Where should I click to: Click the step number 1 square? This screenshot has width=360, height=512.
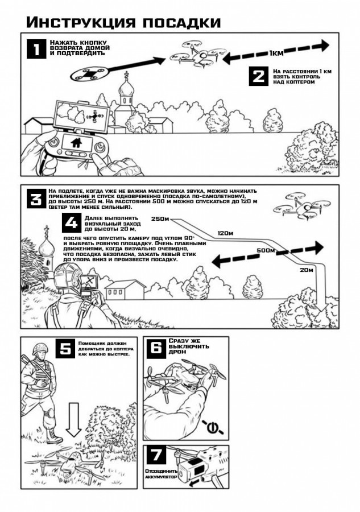(36, 49)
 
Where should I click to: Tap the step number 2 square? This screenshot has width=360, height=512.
(259, 76)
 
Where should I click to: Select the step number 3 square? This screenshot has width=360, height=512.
(36, 199)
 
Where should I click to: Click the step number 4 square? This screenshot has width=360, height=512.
(72, 222)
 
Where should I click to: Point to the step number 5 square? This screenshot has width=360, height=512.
(65, 348)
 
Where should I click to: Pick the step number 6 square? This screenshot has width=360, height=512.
(156, 348)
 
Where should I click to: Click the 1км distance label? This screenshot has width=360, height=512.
(276, 53)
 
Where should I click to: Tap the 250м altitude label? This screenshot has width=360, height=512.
(160, 219)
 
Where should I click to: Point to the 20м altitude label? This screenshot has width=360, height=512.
(307, 270)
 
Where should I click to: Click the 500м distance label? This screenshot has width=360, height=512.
(266, 250)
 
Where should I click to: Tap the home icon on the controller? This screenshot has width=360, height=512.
(77, 142)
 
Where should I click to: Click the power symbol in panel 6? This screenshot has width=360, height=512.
(212, 427)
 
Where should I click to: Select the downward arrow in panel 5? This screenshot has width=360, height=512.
(75, 419)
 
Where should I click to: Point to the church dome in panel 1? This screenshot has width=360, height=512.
(126, 88)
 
